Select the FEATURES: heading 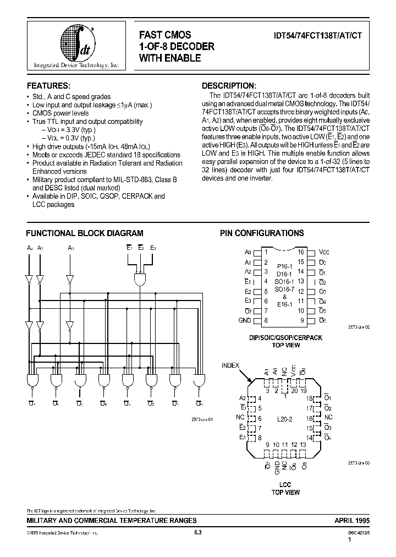(x=48, y=86)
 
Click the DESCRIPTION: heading (x=229, y=86)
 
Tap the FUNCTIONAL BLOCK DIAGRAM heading (x=85, y=233)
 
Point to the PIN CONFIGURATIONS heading (x=262, y=233)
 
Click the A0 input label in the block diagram (x=71, y=249)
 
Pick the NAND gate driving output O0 (x=199, y=380)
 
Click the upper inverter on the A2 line (x=29, y=279)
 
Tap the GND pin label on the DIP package (x=244, y=320)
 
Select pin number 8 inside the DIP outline (x=266, y=320)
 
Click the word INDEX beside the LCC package (x=231, y=365)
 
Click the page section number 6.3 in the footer (x=198, y=532)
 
